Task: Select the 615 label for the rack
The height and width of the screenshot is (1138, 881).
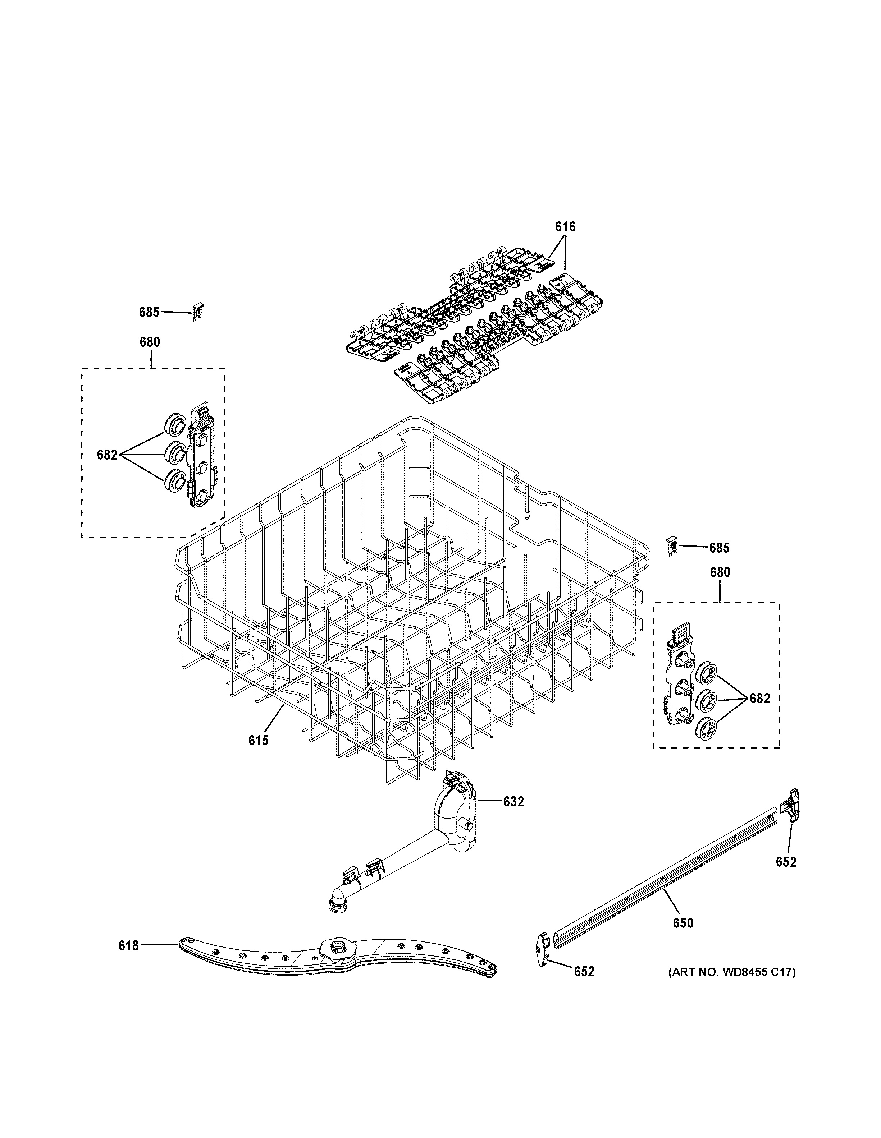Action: click(258, 740)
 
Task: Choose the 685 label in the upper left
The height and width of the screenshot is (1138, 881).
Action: click(149, 312)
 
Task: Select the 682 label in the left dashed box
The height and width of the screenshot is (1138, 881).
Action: click(108, 455)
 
